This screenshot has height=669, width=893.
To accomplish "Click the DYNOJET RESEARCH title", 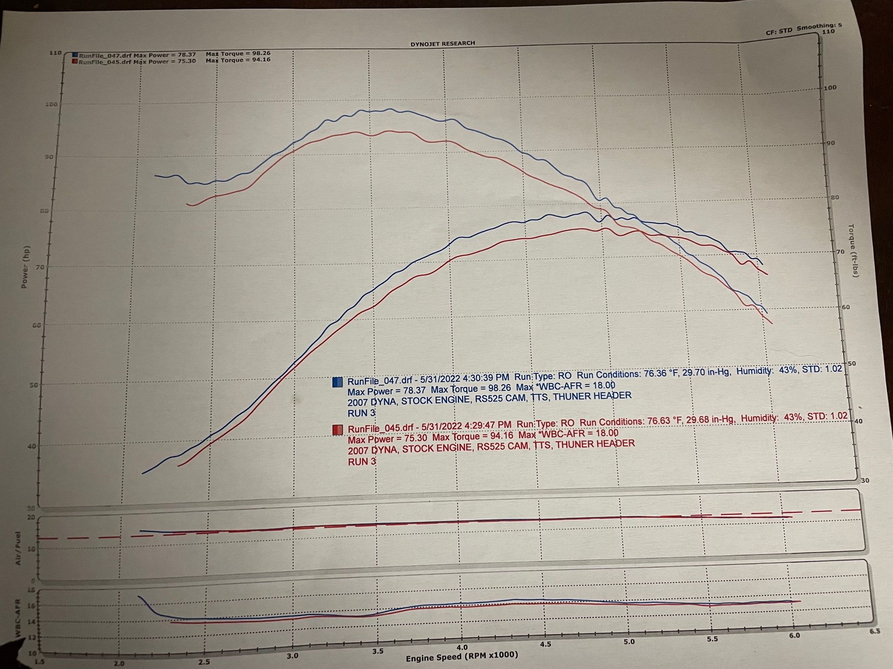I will click(442, 43).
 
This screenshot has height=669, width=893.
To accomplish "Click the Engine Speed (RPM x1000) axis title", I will click(462, 656).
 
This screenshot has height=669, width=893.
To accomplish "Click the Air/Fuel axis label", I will click(18, 549).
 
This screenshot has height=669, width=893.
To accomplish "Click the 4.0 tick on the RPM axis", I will click(462, 647).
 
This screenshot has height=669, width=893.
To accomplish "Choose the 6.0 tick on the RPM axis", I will click(794, 636).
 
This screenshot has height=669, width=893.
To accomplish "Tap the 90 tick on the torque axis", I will click(831, 143).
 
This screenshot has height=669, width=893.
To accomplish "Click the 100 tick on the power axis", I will click(51, 104).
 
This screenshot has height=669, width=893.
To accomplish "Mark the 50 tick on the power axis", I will click(34, 385).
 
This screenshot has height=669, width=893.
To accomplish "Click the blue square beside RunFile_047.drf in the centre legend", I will click(338, 382).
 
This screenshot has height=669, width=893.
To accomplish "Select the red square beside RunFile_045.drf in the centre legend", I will click(338, 430).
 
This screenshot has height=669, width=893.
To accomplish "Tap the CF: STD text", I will click(779, 31).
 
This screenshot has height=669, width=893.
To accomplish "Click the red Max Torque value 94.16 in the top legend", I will click(261, 59).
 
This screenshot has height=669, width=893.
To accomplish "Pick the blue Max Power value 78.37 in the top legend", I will click(186, 54).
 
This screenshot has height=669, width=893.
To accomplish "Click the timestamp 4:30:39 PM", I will click(486, 378).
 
